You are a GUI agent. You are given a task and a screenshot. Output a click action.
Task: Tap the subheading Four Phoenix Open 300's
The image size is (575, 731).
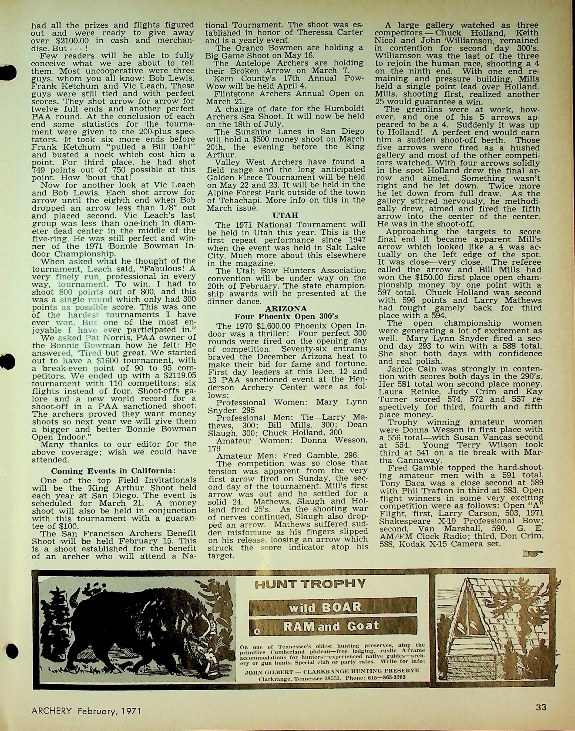[x=286, y=317]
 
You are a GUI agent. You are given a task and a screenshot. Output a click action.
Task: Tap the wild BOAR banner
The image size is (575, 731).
[x=333, y=608]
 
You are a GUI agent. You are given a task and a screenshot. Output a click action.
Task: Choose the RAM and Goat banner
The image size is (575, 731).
[x=333, y=626]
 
